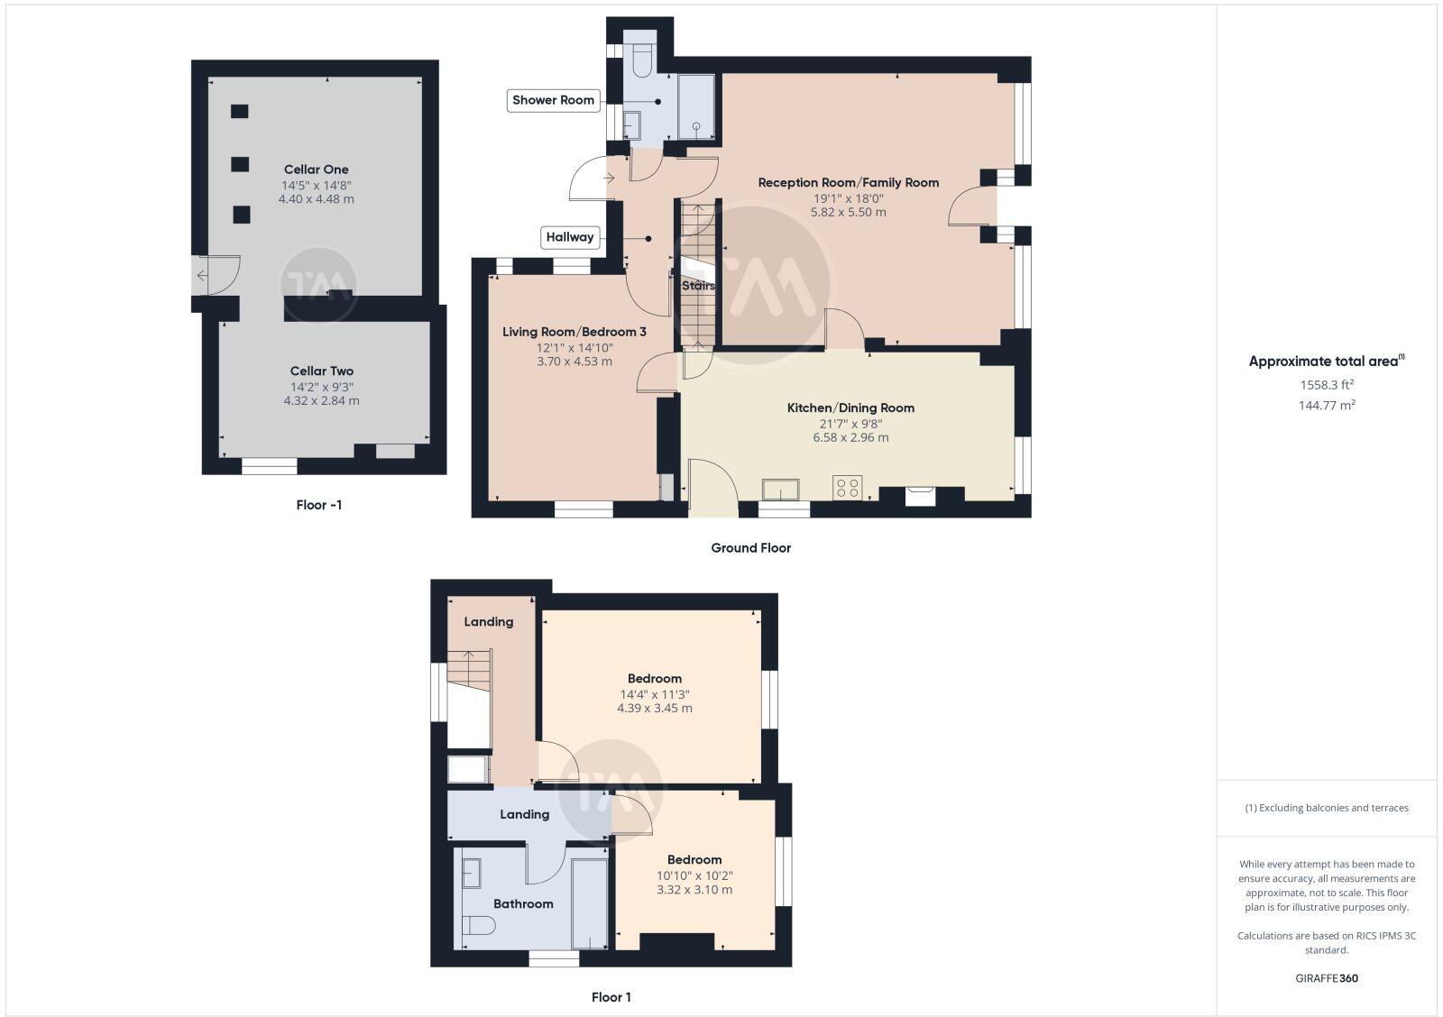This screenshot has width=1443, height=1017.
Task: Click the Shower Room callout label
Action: click(x=553, y=100)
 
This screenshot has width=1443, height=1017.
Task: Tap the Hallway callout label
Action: click(x=570, y=237)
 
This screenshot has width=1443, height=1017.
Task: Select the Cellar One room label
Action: click(x=316, y=169)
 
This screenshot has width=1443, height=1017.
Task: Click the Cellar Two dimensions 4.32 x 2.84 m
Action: click(x=321, y=400)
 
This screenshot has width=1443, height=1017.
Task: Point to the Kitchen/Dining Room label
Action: click(x=850, y=408)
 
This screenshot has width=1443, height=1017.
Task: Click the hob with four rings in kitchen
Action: click(x=847, y=488)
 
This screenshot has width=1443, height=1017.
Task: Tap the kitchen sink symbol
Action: click(x=780, y=490)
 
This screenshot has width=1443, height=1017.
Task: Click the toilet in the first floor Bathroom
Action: click(x=478, y=926)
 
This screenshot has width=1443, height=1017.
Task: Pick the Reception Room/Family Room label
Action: click(x=848, y=182)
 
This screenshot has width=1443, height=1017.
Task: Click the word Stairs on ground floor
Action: click(x=698, y=286)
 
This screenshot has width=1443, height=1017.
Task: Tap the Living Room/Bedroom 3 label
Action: click(x=574, y=332)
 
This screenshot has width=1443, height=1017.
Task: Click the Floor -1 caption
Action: click(x=318, y=505)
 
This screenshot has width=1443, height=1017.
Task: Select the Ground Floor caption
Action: click(x=750, y=547)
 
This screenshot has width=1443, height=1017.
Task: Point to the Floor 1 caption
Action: click(x=611, y=997)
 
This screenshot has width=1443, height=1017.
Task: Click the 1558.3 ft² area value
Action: click(x=1327, y=385)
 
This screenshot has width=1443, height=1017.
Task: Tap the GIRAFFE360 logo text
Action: click(x=1327, y=978)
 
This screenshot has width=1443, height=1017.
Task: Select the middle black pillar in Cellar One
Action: click(x=240, y=164)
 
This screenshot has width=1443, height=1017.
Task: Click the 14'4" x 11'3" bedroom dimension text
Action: click(x=654, y=694)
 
